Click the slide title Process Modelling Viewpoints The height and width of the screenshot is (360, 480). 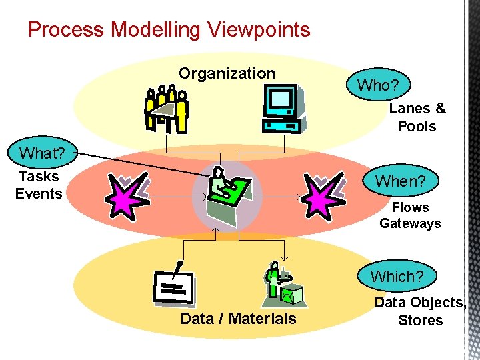click(x=169, y=30)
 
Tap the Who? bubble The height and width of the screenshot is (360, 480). click(x=377, y=85)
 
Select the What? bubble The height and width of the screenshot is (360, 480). click(x=41, y=153)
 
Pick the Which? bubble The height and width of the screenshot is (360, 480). click(x=397, y=276)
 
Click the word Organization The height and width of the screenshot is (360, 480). click(x=227, y=73)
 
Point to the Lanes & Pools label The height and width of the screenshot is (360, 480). click(x=417, y=117)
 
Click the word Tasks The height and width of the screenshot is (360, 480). click(x=39, y=177)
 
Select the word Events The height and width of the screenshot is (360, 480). click(x=39, y=194)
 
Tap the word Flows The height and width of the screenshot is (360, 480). click(x=410, y=207)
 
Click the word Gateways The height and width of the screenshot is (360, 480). click(x=410, y=223)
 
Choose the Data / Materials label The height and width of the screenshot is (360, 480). click(x=238, y=319)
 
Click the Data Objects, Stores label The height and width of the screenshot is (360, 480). click(x=420, y=311)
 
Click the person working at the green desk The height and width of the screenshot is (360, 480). click(x=226, y=193)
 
